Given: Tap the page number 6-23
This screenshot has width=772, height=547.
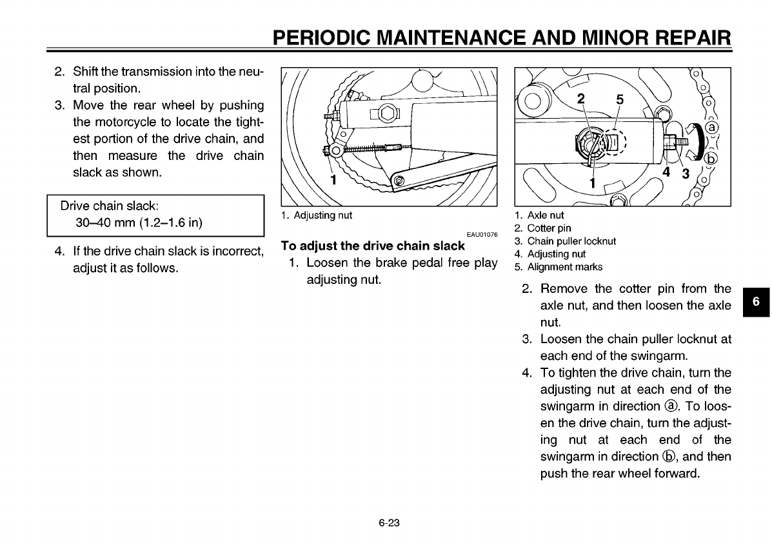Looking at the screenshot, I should pos(390,522).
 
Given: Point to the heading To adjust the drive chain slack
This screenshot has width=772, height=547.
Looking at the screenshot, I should pos(373,246).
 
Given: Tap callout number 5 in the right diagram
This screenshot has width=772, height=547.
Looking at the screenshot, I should pos(620,99).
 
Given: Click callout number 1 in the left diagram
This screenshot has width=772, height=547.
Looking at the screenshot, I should pos(333,180).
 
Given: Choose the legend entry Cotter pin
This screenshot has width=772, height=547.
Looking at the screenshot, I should pos(549,228).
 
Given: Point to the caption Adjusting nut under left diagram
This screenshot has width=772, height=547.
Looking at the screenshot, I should pos(322,215).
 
